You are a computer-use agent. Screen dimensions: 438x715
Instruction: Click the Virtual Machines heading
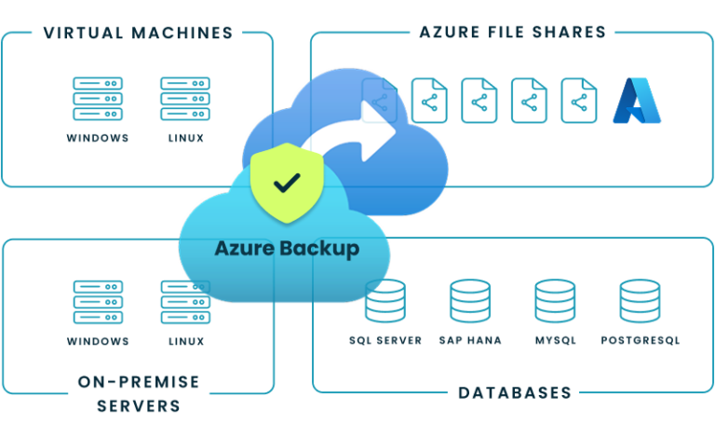(138, 34)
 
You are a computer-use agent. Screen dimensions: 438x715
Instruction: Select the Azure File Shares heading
(512, 33)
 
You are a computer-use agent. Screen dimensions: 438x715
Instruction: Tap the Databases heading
(514, 392)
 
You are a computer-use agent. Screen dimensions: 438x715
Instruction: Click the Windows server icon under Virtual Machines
(98, 99)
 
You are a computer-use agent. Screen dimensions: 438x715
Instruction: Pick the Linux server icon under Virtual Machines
(185, 99)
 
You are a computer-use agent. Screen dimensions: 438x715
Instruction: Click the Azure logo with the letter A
(637, 101)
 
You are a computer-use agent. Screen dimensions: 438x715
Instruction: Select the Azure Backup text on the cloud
(286, 249)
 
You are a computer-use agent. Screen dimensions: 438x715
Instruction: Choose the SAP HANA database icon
(470, 301)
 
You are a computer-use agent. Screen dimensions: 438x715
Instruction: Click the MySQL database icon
(555, 301)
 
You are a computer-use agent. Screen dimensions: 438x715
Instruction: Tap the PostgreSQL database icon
(640, 301)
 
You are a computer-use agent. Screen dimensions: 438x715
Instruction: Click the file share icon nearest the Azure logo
(578, 101)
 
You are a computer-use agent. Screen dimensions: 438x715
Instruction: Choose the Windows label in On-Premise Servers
(98, 341)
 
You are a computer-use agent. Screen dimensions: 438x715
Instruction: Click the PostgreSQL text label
(640, 341)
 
